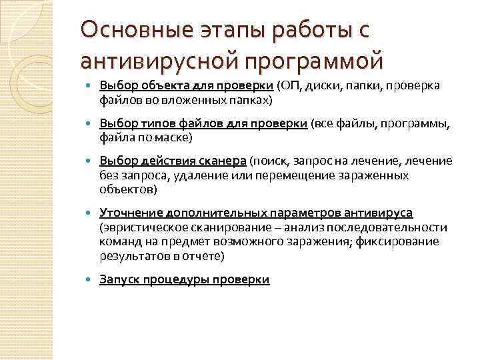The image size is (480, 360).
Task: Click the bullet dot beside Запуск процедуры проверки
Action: [89, 280]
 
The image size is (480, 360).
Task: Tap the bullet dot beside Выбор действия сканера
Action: [89, 161]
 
